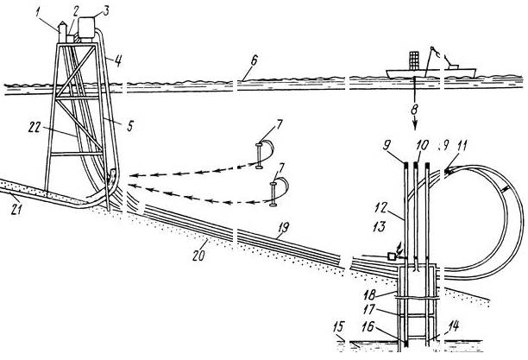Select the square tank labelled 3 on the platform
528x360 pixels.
click(87, 28)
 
